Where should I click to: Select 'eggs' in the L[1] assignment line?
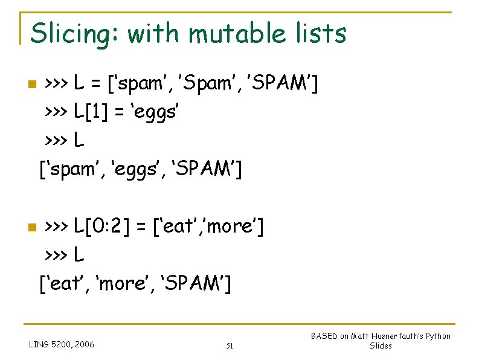point(154,112)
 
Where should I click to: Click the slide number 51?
point(230,346)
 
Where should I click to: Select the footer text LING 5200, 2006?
point(62,344)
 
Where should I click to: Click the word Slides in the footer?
point(381,346)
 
